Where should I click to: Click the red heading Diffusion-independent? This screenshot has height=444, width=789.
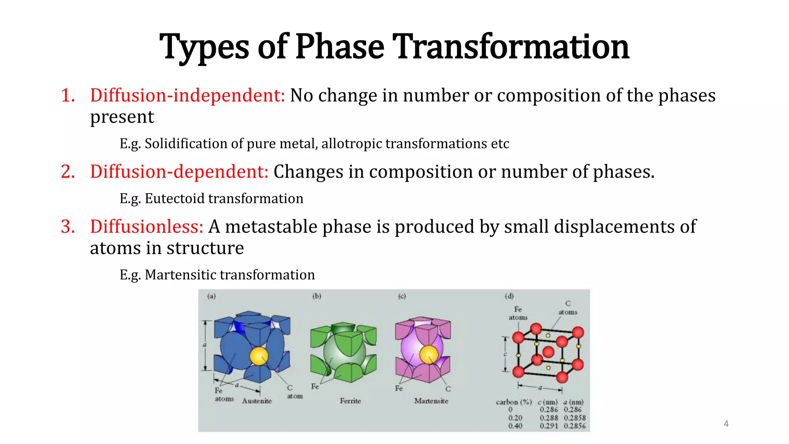pyautogui.click(x=187, y=95)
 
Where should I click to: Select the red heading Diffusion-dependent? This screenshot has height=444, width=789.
pyautogui.click(x=179, y=172)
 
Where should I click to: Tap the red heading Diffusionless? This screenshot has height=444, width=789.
pyautogui.click(x=146, y=226)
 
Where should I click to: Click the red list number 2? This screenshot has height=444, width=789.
pyautogui.click(x=68, y=172)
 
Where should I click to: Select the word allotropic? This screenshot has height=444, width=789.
pyautogui.click(x=352, y=144)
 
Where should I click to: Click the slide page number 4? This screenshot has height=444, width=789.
pyautogui.click(x=726, y=424)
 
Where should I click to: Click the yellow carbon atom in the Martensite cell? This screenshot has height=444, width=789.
pyautogui.click(x=429, y=355)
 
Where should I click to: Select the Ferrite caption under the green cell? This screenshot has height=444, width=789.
pyautogui.click(x=350, y=401)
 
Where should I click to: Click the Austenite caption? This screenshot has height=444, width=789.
pyautogui.click(x=257, y=401)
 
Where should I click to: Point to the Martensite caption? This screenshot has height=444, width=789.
pyautogui.click(x=431, y=401)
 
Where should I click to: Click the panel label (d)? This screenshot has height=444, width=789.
pyautogui.click(x=509, y=296)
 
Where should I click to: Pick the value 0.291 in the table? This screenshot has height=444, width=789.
pyautogui.click(x=548, y=426)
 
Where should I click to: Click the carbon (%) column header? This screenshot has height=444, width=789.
pyautogui.click(x=514, y=402)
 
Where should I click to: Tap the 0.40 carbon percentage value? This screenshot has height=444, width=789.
pyautogui.click(x=515, y=426)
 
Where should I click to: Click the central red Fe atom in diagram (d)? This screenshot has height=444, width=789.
pyautogui.click(x=548, y=351)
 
